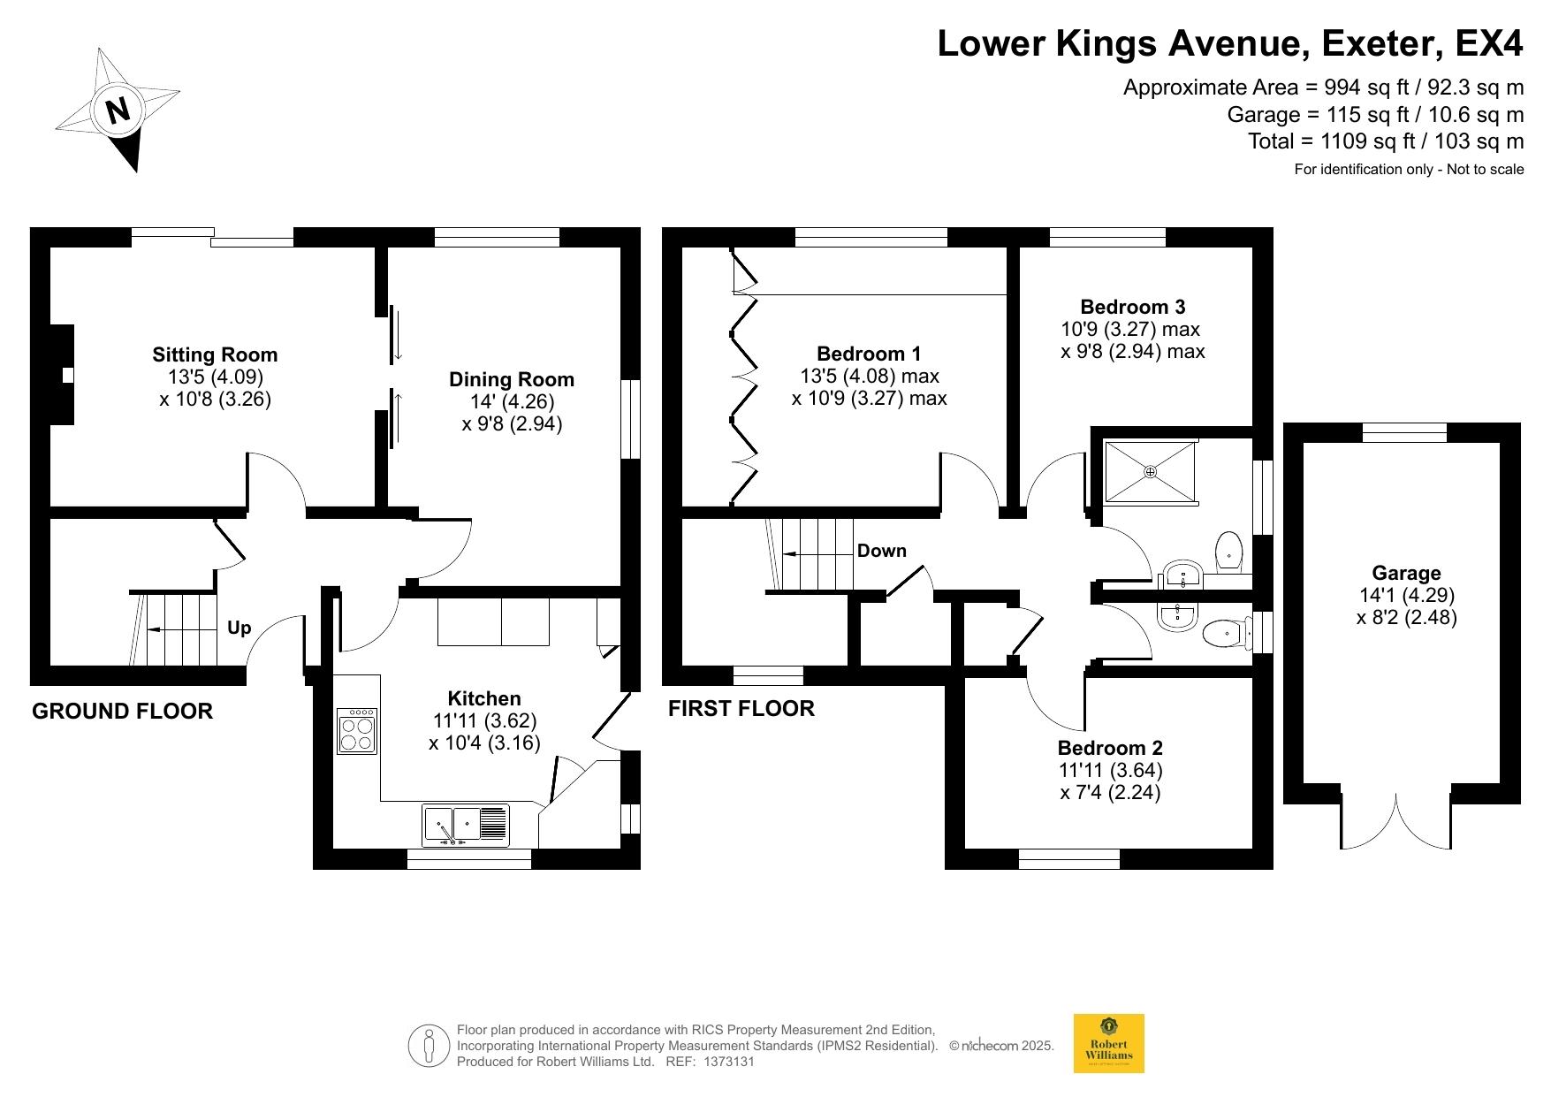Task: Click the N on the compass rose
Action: [x=118, y=110]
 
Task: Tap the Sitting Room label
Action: [x=215, y=354]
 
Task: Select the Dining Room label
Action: [x=512, y=379]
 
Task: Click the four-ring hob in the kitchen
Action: [x=358, y=730]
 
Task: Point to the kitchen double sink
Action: [x=466, y=825]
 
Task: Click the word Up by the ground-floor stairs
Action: [x=239, y=628]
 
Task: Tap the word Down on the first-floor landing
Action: [x=882, y=551]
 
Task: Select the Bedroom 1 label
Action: [x=869, y=354]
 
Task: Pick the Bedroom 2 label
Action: [x=1110, y=747]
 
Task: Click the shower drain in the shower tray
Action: [x=1150, y=472]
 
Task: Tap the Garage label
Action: [x=1406, y=573]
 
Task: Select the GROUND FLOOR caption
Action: [x=122, y=712]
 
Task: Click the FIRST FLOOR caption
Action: [x=741, y=709]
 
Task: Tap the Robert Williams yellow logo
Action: [x=1108, y=1043]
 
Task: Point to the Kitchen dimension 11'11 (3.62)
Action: [x=484, y=720]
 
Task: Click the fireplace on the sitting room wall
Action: [x=62, y=375]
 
